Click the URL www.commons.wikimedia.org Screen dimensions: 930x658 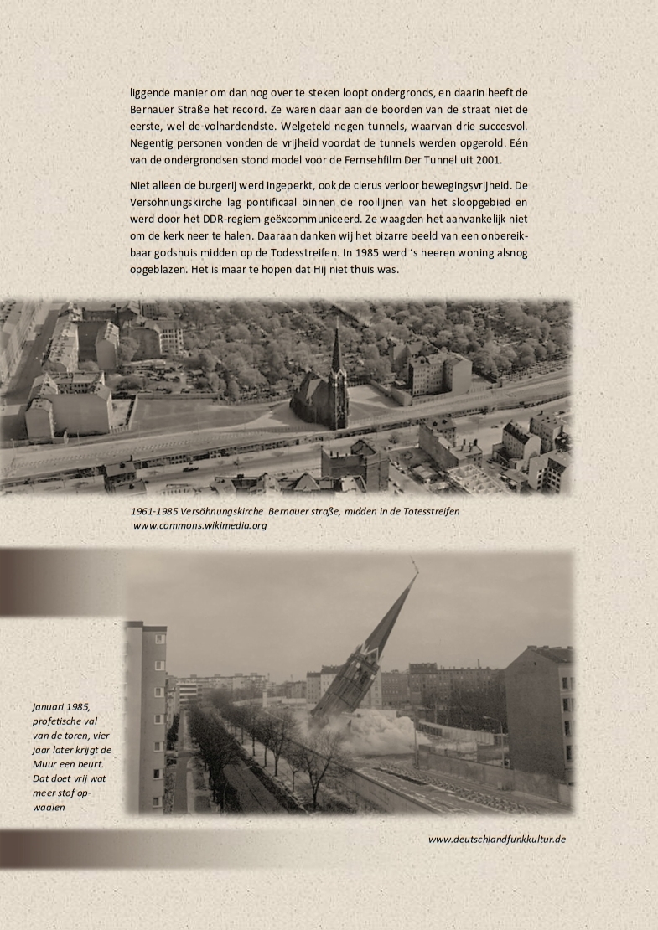tap(199, 525)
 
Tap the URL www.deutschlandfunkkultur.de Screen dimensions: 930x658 tap(496, 838)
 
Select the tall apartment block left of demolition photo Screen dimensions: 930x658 tap(146, 712)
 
